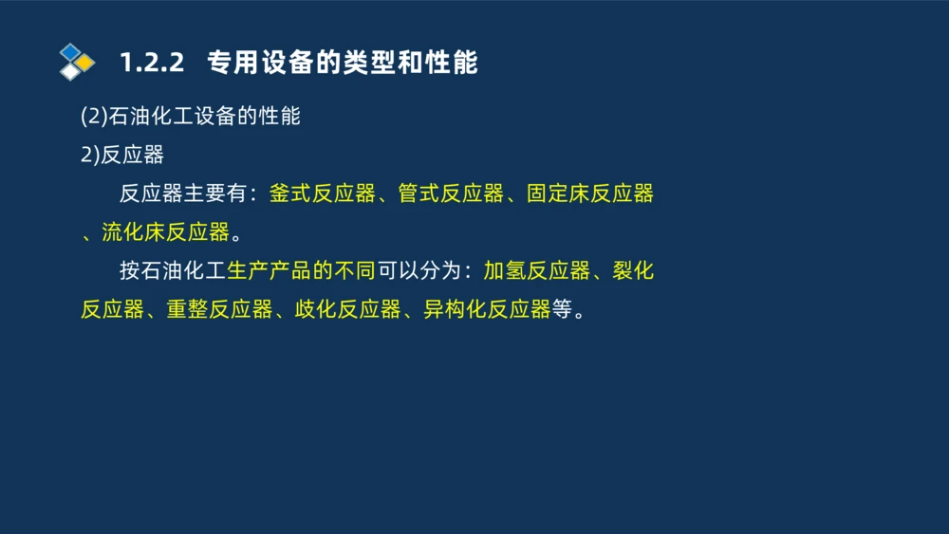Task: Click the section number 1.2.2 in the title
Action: [150, 64]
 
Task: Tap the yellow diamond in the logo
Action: [85, 62]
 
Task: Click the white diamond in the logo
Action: [70, 71]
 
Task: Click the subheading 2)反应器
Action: [122, 156]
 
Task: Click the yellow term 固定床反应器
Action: [590, 194]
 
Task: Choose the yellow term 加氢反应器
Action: [537, 271]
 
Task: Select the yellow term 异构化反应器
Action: [487, 310]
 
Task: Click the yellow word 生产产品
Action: [270, 271]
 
